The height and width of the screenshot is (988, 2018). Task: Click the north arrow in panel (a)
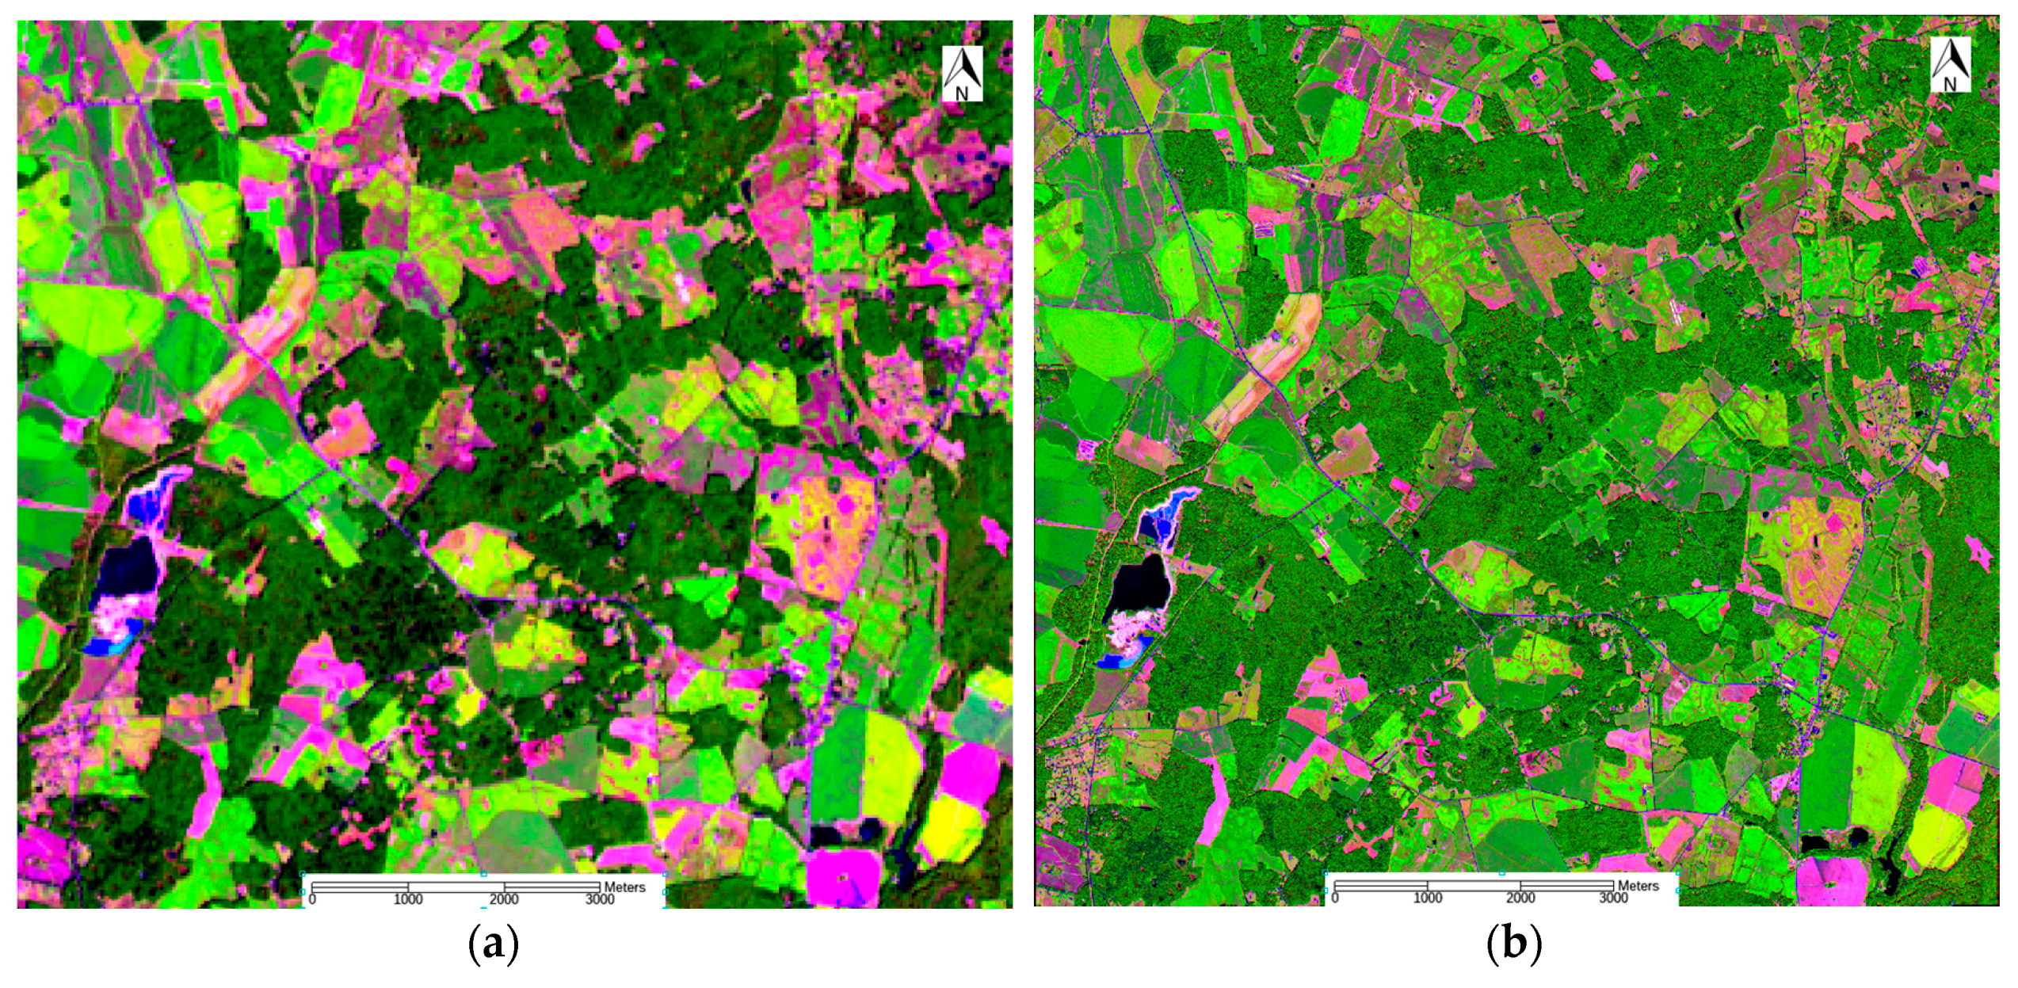pos(962,74)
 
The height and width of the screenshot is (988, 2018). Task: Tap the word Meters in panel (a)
pos(624,887)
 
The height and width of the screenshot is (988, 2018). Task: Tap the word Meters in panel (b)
pos(1638,886)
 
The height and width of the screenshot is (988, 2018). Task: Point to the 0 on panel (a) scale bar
pos(312,899)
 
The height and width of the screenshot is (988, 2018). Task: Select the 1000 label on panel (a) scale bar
pos(408,899)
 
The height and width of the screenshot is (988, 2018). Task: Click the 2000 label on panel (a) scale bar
pos(504,899)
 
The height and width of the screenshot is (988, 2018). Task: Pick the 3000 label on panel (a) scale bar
pos(600,899)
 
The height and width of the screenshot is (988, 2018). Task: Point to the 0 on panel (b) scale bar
pos(1335,898)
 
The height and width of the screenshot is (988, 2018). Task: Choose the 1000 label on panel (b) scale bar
pos(1428,898)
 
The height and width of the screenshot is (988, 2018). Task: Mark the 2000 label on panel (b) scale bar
pos(1520,898)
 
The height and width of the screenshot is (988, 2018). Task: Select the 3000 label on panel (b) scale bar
pos(1613,898)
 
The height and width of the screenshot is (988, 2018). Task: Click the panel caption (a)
pos(494,944)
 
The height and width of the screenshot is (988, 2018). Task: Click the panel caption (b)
pos(1514,944)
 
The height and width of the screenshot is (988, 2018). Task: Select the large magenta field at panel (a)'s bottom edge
pos(844,875)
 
